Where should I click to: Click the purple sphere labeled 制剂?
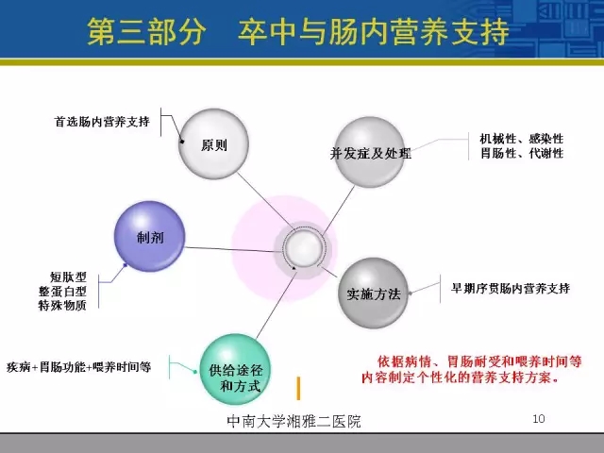[x=149, y=236]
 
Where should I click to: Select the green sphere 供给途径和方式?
[x=235, y=369]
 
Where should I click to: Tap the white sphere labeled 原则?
[x=214, y=143]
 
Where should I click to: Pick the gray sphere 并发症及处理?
[x=370, y=152]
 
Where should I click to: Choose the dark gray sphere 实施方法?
[x=373, y=293]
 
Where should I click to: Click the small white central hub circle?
[x=303, y=248]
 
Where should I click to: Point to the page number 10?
[x=539, y=419]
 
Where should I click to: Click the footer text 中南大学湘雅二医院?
[x=294, y=421]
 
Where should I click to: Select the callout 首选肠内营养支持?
[x=102, y=122]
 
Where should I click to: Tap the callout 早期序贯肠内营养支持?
[x=511, y=288]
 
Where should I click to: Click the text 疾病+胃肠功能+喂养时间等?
[x=78, y=367]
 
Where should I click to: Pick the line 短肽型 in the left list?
[x=68, y=277]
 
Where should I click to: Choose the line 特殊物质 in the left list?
[x=62, y=305]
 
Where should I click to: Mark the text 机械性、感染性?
[x=522, y=139]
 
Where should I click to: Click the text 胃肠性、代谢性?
[x=522, y=153]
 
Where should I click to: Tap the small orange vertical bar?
[x=298, y=388]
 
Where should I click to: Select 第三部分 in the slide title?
[x=146, y=31]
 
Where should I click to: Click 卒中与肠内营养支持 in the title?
[x=373, y=31]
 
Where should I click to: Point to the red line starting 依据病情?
[x=479, y=361]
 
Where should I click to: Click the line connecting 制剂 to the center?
[x=234, y=249]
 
